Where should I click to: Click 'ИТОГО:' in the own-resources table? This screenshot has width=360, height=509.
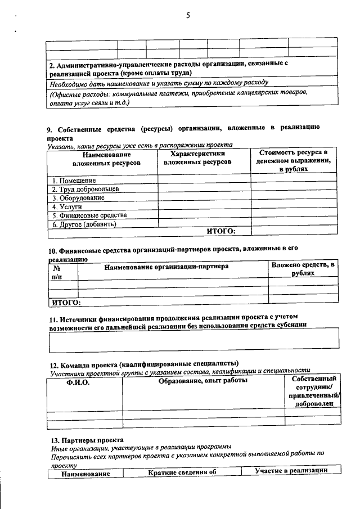(221, 231)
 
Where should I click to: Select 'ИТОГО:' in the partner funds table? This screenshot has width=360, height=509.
(66, 303)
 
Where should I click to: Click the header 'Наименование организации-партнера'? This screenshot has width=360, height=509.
(166, 267)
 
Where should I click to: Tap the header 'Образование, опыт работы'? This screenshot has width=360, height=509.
(202, 382)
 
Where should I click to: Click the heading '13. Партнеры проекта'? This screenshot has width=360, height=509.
(84, 439)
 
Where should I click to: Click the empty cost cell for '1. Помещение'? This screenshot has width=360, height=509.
(295, 181)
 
